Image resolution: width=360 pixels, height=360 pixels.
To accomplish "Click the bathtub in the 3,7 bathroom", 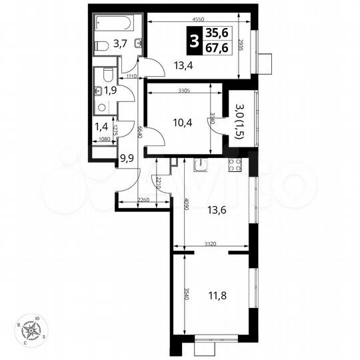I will [113, 23].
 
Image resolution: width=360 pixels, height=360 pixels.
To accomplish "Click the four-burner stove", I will [234, 165].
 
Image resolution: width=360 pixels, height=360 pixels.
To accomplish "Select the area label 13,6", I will [216, 210].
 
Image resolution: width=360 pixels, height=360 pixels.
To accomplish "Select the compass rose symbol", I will [31, 329].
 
